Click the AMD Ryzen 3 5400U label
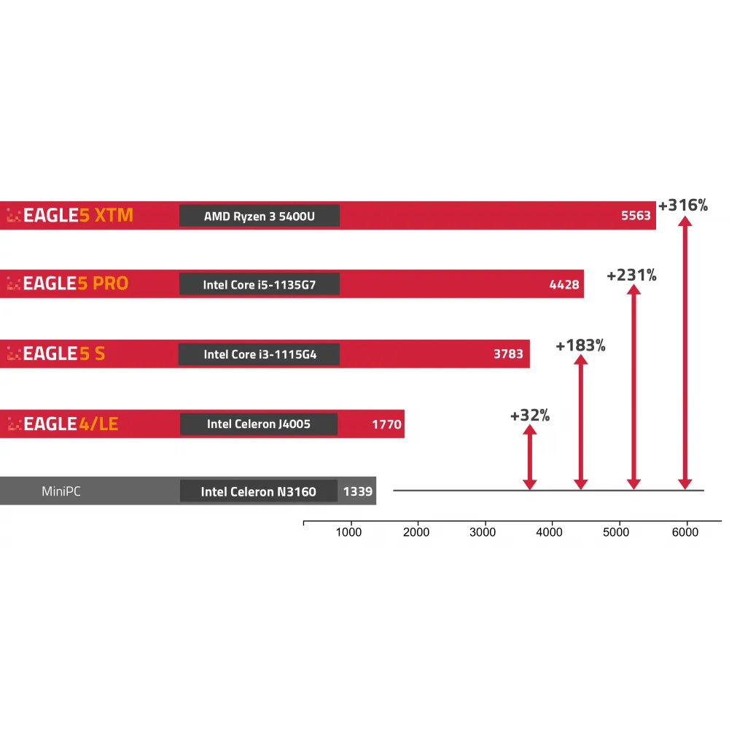(x=260, y=216)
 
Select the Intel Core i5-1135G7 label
(x=260, y=284)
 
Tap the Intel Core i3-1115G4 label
(x=259, y=354)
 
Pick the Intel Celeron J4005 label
(x=259, y=424)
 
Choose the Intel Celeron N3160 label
(x=259, y=491)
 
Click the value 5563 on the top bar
(x=636, y=216)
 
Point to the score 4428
(x=564, y=284)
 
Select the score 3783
(x=508, y=354)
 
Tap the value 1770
(x=386, y=424)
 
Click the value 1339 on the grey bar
(x=358, y=491)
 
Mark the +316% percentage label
(x=683, y=206)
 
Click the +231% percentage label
(x=631, y=276)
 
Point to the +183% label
(x=580, y=346)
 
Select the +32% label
(x=530, y=416)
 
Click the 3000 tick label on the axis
(x=483, y=532)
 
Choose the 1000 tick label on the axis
(x=348, y=532)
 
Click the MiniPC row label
(x=61, y=491)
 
